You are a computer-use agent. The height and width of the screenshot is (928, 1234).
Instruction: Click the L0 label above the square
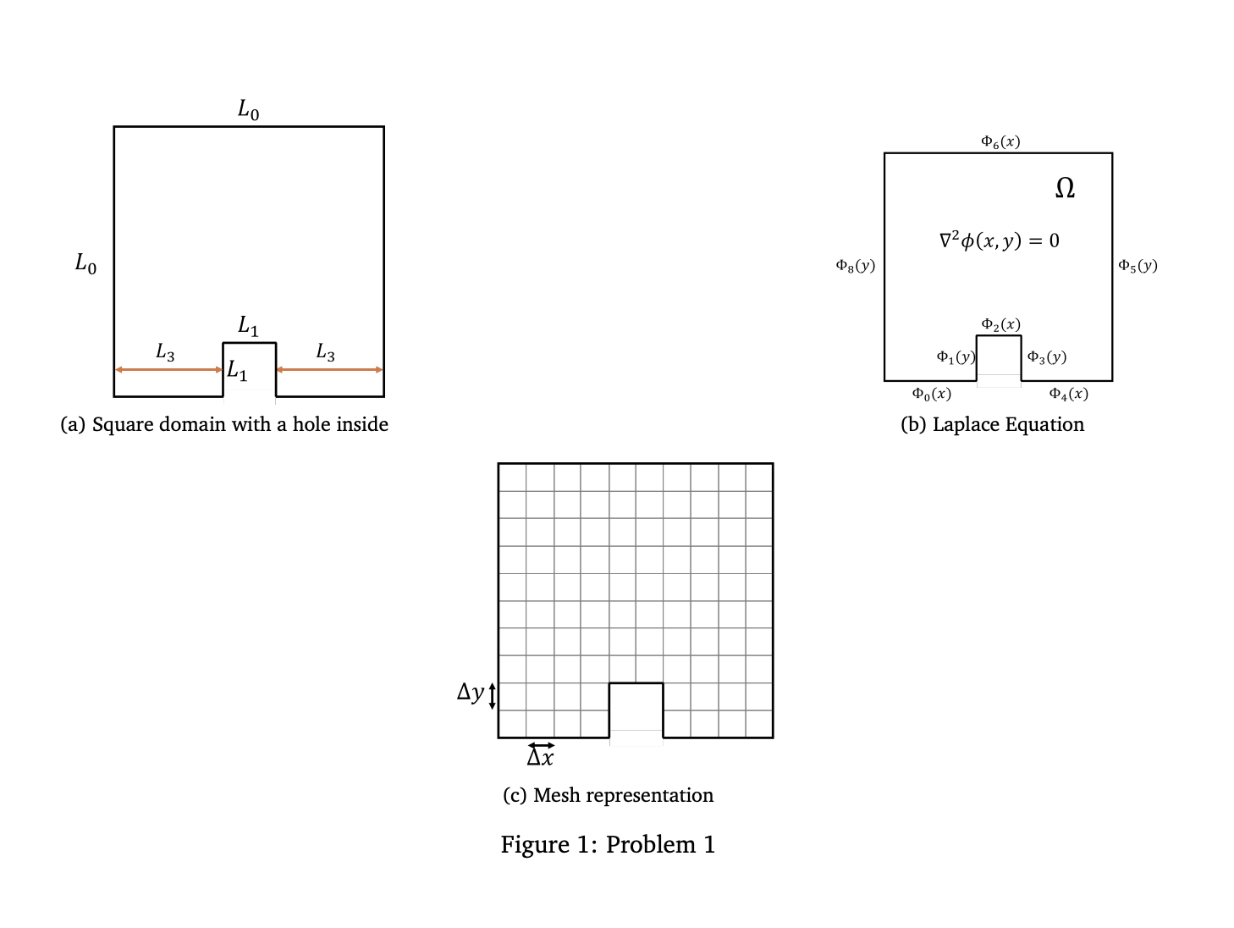(248, 109)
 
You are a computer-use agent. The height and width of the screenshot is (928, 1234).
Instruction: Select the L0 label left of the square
(85, 264)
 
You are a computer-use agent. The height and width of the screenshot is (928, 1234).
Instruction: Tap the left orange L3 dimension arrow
(168, 370)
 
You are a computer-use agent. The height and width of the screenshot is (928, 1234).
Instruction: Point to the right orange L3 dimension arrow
(329, 370)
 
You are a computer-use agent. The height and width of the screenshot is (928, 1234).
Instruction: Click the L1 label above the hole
(248, 325)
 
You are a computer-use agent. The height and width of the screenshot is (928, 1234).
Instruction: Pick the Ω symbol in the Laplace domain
(1065, 188)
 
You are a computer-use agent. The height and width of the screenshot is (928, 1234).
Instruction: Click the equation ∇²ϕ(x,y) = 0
(999, 240)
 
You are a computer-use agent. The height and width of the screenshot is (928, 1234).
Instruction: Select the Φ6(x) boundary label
(1000, 141)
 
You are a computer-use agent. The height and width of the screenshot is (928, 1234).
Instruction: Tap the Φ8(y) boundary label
(855, 265)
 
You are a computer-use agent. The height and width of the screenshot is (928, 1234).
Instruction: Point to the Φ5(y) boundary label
(1138, 265)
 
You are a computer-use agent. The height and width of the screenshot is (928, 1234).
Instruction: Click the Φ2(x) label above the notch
(1000, 324)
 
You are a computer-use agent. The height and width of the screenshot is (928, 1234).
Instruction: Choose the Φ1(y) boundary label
(956, 356)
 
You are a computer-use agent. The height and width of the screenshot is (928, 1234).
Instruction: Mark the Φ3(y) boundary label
(1046, 356)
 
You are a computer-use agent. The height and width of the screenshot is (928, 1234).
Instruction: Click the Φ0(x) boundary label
(931, 394)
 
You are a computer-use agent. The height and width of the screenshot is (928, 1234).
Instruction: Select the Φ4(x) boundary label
(1068, 394)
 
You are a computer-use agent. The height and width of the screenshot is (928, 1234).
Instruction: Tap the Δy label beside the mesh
(470, 693)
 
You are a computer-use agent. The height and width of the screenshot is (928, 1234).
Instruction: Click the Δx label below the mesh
(540, 757)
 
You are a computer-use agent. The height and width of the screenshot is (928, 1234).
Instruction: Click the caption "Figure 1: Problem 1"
(608, 844)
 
